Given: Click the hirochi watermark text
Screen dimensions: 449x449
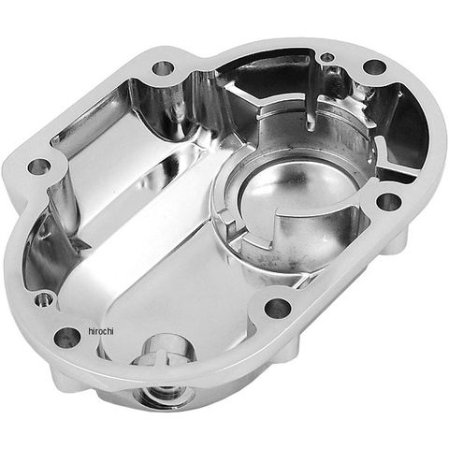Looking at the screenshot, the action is tap(101, 331).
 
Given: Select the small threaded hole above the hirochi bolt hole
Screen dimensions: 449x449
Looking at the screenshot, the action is tap(43, 300).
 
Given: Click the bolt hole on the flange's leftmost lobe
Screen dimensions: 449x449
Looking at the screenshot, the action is tap(39, 167).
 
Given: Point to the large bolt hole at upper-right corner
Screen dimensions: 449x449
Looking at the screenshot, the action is tap(375, 67).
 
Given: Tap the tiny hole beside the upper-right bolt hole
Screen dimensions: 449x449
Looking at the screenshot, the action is tap(327, 57).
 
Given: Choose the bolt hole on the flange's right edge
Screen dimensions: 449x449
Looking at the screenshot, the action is tap(388, 202).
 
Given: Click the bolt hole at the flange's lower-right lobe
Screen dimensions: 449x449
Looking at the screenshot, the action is tap(278, 308).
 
